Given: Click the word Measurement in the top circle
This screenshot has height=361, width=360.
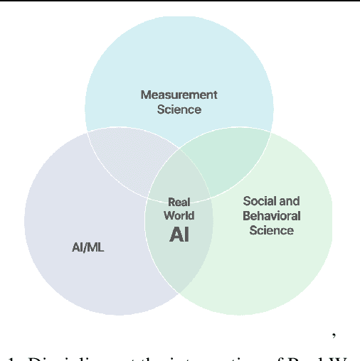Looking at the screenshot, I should (x=179, y=95).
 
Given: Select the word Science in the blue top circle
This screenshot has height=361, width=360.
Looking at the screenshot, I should (x=179, y=109).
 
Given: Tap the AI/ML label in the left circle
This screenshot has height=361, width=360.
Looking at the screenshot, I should (x=88, y=248).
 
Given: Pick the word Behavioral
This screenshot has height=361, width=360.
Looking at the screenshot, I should (x=271, y=215).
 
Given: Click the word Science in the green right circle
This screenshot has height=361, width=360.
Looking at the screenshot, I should (x=271, y=230).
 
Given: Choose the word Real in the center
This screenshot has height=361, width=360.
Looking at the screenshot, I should (x=179, y=203).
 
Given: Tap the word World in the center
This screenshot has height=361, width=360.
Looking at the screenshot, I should (x=179, y=215).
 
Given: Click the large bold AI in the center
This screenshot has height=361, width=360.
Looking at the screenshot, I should (x=179, y=234).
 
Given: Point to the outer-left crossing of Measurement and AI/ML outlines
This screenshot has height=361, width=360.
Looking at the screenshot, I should (x=87, y=132).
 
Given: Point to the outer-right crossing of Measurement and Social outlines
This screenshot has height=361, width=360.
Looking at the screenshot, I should (x=271, y=132).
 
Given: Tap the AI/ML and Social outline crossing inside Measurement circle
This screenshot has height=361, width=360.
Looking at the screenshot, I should (x=179, y=149).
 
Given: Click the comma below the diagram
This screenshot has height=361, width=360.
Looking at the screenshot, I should (x=333, y=333).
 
